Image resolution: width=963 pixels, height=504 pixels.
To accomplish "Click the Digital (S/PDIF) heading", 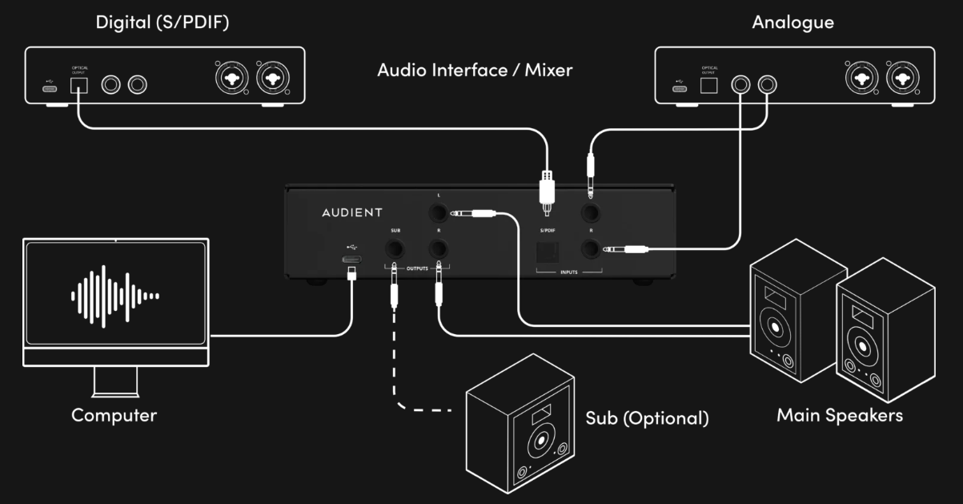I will tap(163, 22).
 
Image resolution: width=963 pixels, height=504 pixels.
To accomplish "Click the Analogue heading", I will tap(792, 22).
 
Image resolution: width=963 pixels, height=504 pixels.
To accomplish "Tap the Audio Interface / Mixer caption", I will tap(475, 70).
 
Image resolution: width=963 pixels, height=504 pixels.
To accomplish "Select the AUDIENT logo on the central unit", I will tap(351, 212).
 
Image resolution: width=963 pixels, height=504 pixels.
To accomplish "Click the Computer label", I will tap(114, 415).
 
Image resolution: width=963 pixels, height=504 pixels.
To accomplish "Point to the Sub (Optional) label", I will tap(647, 418).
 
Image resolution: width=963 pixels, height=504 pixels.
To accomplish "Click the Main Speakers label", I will tap(840, 415).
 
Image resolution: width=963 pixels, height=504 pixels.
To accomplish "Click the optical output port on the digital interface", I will tap(79, 86).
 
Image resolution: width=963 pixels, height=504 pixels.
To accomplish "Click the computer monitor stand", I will tap(116, 381).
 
